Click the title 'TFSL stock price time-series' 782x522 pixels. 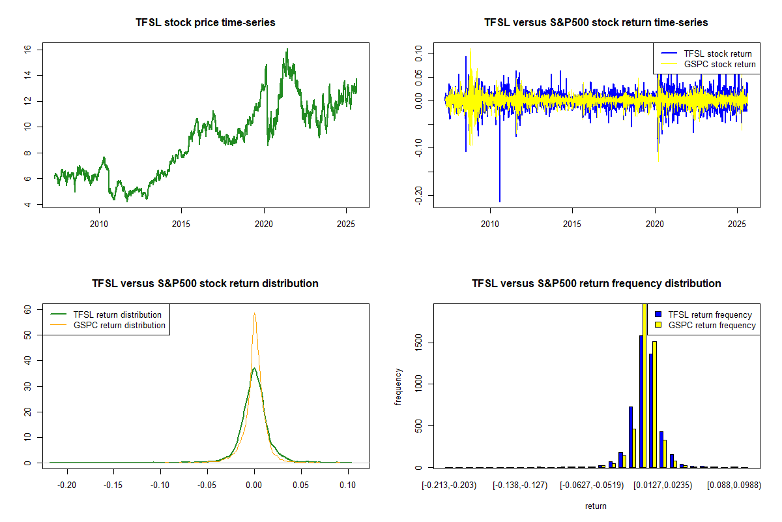point(205,23)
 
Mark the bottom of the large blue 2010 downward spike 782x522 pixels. point(500,202)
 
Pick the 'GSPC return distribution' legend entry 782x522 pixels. point(119,325)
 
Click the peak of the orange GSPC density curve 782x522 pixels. point(254,313)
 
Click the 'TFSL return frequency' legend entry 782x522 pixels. point(710,315)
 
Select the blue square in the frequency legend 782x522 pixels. point(658,315)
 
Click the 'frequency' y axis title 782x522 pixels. point(399,386)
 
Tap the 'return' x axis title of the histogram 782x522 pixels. point(596,506)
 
